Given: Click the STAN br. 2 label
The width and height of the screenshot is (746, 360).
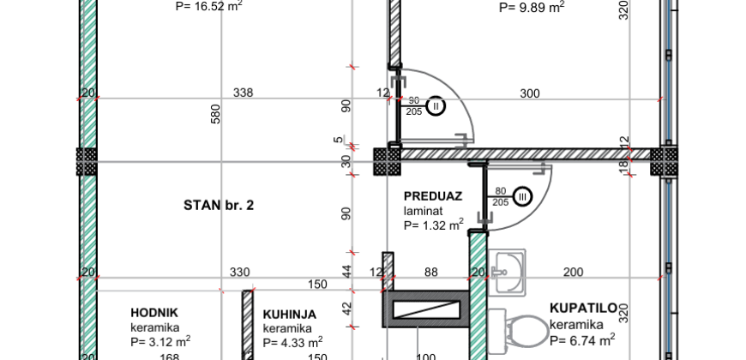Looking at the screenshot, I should click(x=219, y=205).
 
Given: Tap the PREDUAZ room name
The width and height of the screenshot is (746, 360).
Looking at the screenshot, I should click(x=433, y=195).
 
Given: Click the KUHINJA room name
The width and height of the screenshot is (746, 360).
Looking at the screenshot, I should click(x=289, y=315).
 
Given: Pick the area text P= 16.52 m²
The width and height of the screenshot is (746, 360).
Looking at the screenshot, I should click(x=209, y=6).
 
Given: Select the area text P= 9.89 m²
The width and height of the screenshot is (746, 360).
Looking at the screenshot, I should click(x=532, y=7).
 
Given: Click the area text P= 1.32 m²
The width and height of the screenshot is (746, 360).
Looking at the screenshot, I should click(x=434, y=225).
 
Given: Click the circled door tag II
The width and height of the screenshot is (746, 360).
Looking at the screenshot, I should click(x=436, y=106).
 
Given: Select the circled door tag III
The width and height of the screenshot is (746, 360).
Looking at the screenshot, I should click(x=523, y=198).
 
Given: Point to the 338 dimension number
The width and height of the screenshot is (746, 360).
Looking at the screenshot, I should click(x=243, y=93).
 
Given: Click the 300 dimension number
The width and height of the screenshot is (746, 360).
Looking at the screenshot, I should click(x=530, y=93).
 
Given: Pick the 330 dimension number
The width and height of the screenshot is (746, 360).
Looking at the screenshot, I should click(x=240, y=273).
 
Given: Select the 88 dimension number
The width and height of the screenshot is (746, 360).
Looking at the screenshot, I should click(x=430, y=273).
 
